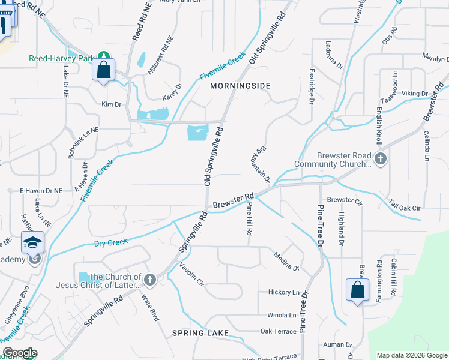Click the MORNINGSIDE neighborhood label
(x=240, y=86)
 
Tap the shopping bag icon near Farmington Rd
(x=357, y=290)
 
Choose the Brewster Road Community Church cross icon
(x=379, y=159)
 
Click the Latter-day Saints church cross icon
(x=149, y=280)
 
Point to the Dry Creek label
(x=111, y=243)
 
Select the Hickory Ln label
(x=283, y=293)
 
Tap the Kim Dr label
(x=112, y=104)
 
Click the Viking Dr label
(x=415, y=94)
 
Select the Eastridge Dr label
(x=312, y=88)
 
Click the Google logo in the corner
(x=19, y=353)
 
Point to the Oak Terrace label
(x=278, y=331)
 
